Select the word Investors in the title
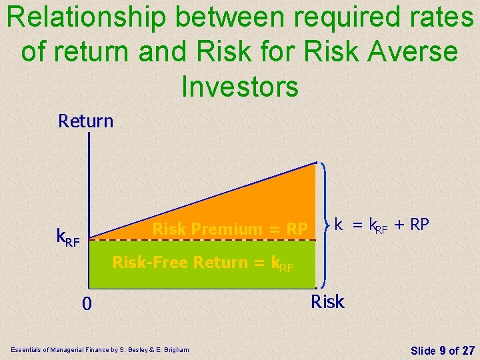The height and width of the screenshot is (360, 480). pos(239,85)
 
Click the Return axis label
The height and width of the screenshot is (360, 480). pos(86,121)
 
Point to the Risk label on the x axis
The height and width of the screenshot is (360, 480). pos(327,301)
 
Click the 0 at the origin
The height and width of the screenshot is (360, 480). pos(87,304)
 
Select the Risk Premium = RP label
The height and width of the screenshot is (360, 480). pos(230,229)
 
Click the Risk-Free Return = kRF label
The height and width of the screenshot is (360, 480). pos(203,263)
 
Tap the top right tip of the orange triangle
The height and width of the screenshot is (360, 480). pos(315,163)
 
